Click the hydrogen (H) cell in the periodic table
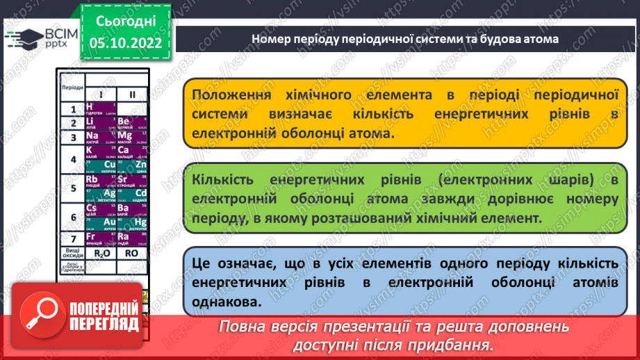click(100, 108)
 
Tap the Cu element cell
click(100, 166)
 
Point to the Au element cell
click(100, 223)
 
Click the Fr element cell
click(100, 238)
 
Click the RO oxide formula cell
click(131, 253)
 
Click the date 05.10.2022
click(126, 42)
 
